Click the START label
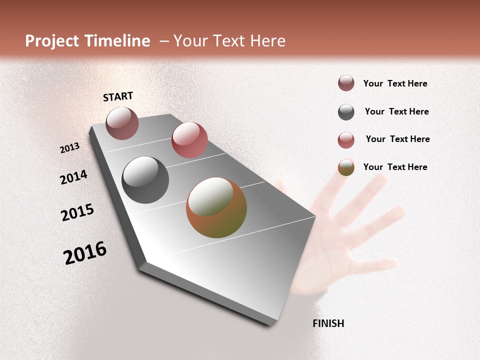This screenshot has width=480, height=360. tap(118, 96)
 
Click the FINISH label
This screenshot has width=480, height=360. tap(328, 323)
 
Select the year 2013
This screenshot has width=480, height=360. tap(69, 148)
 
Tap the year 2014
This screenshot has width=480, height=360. tap(73, 177)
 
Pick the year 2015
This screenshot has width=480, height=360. tap(77, 212)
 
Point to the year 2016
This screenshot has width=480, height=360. tap(85, 253)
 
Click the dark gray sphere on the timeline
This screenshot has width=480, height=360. tap(145, 180)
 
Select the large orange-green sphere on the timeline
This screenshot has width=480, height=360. tap(216, 207)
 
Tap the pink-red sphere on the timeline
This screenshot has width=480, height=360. tap(189, 140)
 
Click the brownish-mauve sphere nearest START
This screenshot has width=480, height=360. tap(122, 123)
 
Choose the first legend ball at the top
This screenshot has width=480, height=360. tap(346, 83)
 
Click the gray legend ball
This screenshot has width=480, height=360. tap(346, 112)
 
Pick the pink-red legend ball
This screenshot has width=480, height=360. tap(346, 140)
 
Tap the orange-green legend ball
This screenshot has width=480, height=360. tap(346, 167)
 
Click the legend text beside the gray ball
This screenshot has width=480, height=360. tap(396, 111)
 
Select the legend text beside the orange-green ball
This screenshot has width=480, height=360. tap(395, 167)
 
